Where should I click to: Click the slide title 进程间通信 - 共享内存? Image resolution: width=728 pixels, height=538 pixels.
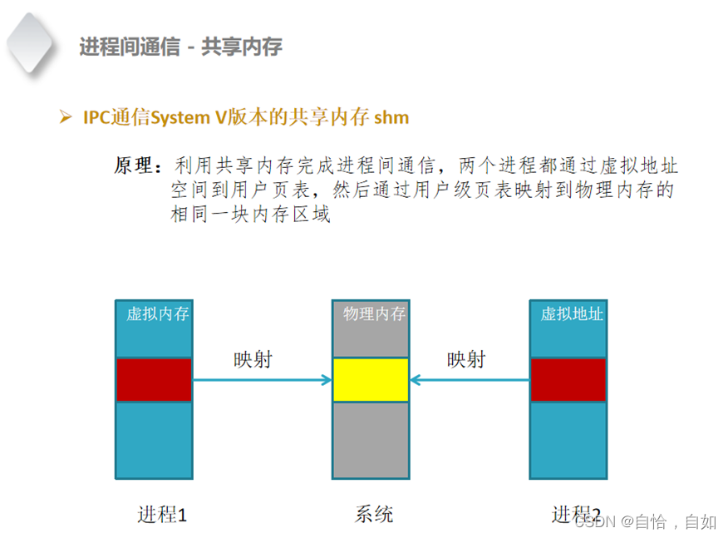click(x=180, y=47)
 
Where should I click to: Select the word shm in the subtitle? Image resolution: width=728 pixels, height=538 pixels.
click(x=391, y=117)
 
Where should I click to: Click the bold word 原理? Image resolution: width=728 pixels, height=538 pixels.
click(x=135, y=166)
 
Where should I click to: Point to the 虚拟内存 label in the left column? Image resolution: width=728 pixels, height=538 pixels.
click(x=157, y=314)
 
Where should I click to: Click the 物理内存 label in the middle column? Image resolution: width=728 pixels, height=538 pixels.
click(x=375, y=314)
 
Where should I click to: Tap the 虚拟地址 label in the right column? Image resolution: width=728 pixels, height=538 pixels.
click(x=572, y=314)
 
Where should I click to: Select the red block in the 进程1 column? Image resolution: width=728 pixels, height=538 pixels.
click(x=154, y=379)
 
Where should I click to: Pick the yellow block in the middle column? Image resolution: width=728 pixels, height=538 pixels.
click(x=371, y=380)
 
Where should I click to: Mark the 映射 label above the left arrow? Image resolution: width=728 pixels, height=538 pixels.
click(x=252, y=359)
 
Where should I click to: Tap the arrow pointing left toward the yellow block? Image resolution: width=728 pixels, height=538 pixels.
click(x=470, y=381)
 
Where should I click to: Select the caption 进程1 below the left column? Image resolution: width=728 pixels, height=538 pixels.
click(x=162, y=515)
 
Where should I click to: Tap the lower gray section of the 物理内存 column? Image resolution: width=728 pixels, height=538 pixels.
click(x=371, y=442)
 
